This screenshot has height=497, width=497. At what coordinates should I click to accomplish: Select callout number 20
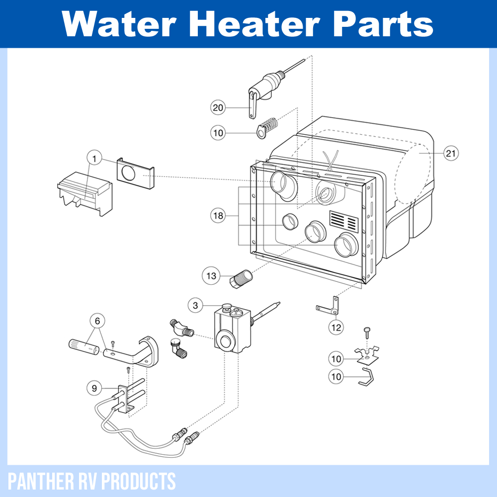[218, 107]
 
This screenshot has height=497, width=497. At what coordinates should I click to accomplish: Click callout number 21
[450, 154]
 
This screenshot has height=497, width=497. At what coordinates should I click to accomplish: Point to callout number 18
[218, 216]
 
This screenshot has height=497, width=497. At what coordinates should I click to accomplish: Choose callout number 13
[212, 276]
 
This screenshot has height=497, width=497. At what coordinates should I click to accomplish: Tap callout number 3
[196, 305]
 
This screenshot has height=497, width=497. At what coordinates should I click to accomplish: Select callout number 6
[97, 320]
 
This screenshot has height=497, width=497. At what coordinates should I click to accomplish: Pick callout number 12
[336, 327]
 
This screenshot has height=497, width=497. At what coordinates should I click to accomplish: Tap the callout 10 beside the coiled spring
[218, 133]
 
